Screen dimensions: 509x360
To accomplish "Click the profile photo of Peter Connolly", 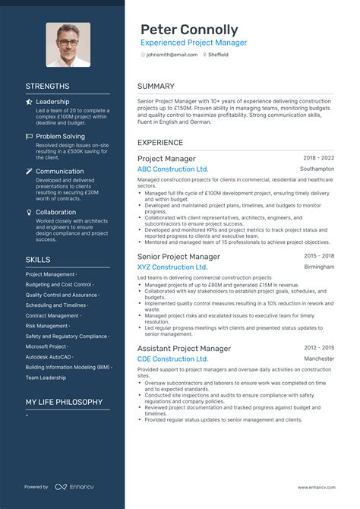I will [68, 45].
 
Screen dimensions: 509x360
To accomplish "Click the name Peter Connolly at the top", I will [188, 30].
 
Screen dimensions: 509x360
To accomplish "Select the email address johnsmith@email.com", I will [172, 55].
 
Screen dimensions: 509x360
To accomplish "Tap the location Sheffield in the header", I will [217, 55].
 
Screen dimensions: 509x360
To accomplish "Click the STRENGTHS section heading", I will [47, 87].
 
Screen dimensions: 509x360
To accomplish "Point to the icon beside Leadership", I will [29, 102].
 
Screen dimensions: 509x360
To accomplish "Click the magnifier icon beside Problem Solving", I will [29, 137].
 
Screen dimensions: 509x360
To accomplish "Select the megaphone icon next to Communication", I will [29, 172].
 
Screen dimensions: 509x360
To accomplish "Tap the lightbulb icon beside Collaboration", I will [29, 213].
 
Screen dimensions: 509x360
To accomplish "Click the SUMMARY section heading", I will [156, 87].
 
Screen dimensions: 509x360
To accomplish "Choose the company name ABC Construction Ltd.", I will [172, 169].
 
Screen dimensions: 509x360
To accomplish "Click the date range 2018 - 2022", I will [317, 158].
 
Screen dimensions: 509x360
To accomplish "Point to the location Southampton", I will [317, 169].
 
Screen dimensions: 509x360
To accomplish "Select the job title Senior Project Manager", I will [178, 257].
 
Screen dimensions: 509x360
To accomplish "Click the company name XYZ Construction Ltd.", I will [172, 267].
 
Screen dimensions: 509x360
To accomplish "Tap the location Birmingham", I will [319, 267].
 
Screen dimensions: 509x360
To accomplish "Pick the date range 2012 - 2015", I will [317, 348].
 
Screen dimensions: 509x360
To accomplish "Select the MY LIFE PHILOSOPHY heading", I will [64, 402].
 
